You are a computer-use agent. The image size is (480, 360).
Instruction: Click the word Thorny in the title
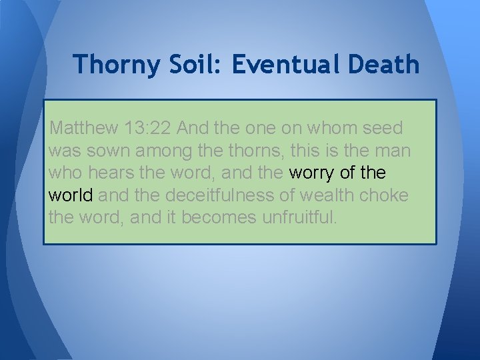click(115, 65)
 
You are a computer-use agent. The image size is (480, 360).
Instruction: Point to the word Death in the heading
click(383, 65)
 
